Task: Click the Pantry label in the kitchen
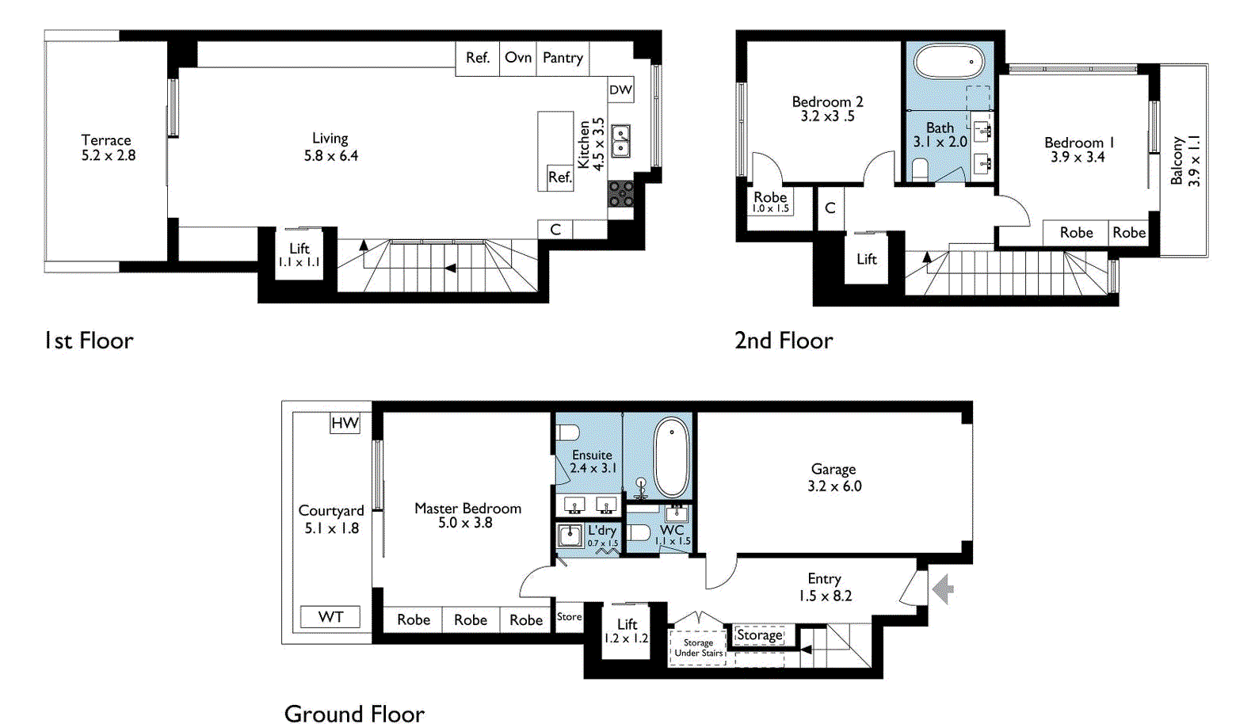[x=563, y=58]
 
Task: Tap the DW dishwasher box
[x=620, y=90]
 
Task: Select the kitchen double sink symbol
[x=620, y=141]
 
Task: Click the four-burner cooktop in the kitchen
[x=620, y=193]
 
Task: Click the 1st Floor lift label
[x=299, y=254]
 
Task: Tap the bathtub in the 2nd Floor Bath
[x=948, y=62]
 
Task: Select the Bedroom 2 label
[x=827, y=109]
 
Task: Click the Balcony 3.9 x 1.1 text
[x=1185, y=161]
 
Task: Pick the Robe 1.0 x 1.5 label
[x=770, y=201]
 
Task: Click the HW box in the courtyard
[x=345, y=423]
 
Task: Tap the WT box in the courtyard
[x=330, y=617]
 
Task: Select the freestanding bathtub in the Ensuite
[x=672, y=457]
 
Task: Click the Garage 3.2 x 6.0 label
[x=833, y=478]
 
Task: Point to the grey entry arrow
[x=943, y=589]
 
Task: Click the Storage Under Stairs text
[x=698, y=648]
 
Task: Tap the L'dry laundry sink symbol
[x=569, y=535]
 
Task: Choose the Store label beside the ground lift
[x=569, y=616]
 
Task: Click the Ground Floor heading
[x=354, y=714]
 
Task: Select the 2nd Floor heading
[x=783, y=341]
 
